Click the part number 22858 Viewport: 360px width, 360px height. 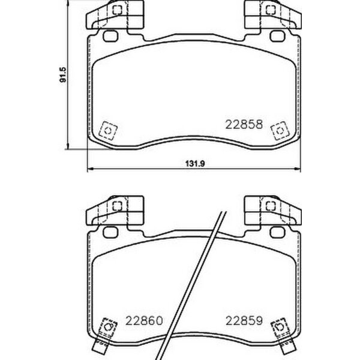pos(244,125)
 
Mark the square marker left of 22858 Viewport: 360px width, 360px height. pos(107,130)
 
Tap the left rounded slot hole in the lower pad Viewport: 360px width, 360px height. pos(110,232)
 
